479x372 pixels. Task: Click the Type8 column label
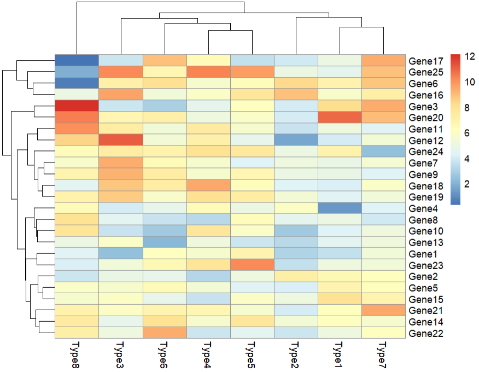[x=76, y=354]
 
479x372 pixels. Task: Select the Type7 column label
[x=383, y=354]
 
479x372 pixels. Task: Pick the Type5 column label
[x=252, y=354]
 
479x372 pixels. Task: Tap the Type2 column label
[x=295, y=354]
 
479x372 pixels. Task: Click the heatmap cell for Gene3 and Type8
[x=77, y=106]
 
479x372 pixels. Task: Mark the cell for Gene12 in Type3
[x=120, y=140]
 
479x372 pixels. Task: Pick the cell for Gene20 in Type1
[x=340, y=118]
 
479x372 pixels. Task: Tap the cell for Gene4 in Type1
[x=340, y=208]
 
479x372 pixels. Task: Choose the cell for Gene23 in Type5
[x=252, y=265]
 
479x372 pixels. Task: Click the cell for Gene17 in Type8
[x=77, y=61]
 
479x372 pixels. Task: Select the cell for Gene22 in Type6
[x=164, y=333]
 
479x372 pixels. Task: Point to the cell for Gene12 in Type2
[x=296, y=140]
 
